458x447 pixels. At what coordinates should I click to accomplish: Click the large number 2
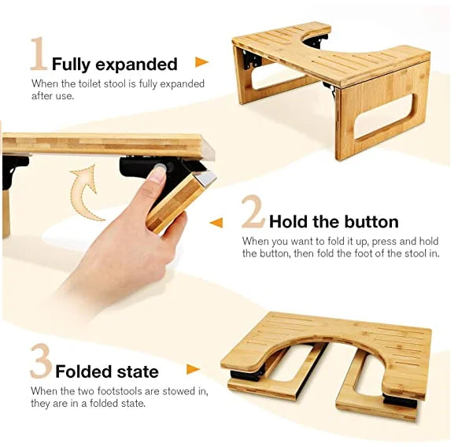253,212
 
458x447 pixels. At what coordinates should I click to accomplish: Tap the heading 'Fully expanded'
115,64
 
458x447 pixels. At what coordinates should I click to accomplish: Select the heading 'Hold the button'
334,221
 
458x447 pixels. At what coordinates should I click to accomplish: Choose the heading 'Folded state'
107,371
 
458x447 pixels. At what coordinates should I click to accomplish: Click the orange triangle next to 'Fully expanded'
201,62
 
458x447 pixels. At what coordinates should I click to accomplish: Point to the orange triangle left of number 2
216,223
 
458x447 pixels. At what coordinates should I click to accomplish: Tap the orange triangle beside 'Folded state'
193,369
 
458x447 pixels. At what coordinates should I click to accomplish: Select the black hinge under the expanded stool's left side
253,58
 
